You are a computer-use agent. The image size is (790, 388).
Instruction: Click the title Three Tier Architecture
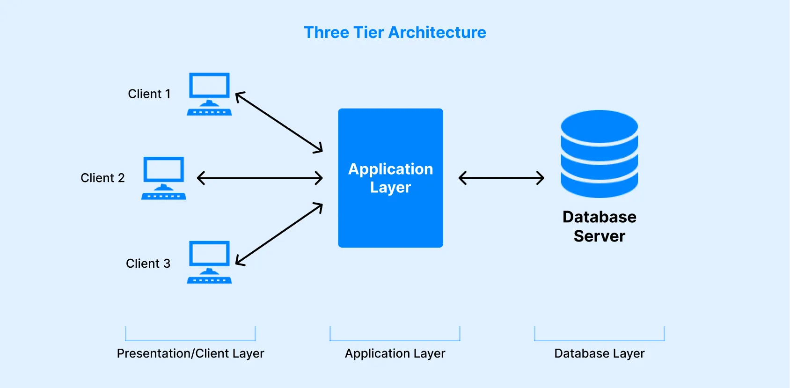pyautogui.click(x=395, y=32)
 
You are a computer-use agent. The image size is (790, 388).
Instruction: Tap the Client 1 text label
pyautogui.click(x=149, y=94)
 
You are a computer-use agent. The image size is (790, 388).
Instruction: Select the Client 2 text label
pyautogui.click(x=102, y=178)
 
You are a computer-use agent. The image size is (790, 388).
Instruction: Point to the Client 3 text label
pyautogui.click(x=148, y=264)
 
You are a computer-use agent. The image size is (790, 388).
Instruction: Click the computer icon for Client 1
pyautogui.click(x=209, y=94)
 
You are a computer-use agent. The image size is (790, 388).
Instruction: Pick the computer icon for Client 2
pyautogui.click(x=164, y=178)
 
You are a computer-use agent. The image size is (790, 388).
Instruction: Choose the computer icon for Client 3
pyautogui.click(x=209, y=263)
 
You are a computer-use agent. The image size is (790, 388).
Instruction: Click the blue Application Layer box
pyautogui.click(x=390, y=178)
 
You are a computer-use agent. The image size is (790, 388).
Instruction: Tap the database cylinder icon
pyautogui.click(x=599, y=154)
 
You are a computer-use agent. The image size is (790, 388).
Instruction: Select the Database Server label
pyautogui.click(x=599, y=227)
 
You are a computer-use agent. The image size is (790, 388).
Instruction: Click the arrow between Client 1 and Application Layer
pyautogui.click(x=279, y=123)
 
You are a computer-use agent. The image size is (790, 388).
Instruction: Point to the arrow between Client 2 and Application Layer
pyautogui.click(x=260, y=178)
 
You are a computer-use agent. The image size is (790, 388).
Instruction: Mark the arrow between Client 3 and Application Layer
pyautogui.click(x=279, y=234)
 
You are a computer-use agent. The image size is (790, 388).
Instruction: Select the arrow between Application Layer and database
pyautogui.click(x=502, y=178)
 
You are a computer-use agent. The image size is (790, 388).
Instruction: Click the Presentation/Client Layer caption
pyautogui.click(x=190, y=353)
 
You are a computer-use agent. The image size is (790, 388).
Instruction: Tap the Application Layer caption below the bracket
pyautogui.click(x=395, y=353)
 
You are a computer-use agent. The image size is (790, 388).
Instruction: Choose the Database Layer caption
pyautogui.click(x=599, y=353)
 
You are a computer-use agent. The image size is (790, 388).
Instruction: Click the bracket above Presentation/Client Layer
pyautogui.click(x=190, y=340)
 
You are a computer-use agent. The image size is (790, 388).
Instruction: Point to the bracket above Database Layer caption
pyautogui.click(x=599, y=340)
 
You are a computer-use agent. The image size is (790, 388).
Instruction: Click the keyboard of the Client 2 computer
pyautogui.click(x=164, y=196)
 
